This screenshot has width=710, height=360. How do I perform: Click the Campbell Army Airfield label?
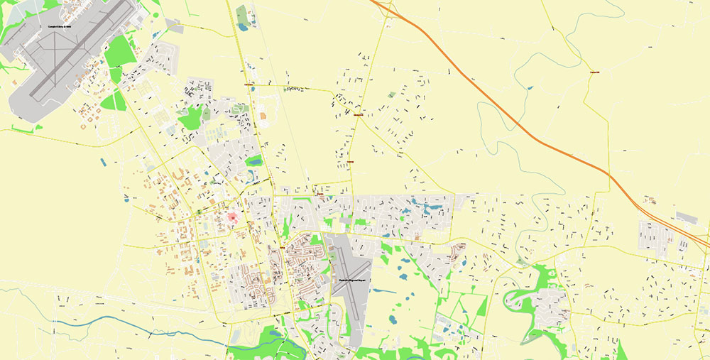[x=60, y=26]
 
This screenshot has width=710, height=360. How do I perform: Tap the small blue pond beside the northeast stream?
[x=529, y=88]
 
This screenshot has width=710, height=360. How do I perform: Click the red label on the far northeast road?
[x=595, y=72]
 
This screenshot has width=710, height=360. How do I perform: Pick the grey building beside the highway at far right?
[x=687, y=217]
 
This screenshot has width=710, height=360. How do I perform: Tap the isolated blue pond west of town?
[x=104, y=162]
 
